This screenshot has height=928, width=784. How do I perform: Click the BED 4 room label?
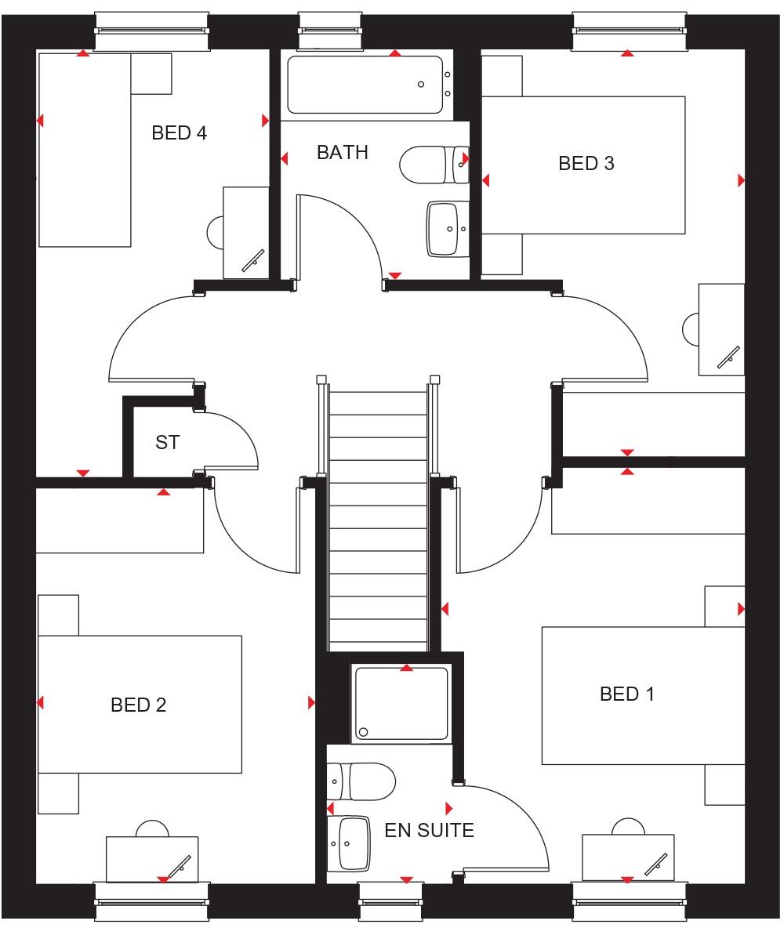point(179,133)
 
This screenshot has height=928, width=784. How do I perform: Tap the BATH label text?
point(342,152)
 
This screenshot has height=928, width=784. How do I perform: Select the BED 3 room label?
point(586,164)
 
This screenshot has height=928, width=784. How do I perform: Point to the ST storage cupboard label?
point(167,443)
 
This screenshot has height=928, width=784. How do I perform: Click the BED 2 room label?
point(138,705)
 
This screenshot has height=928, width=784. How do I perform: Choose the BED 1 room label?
point(626,694)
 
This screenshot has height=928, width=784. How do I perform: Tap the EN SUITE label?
point(429,830)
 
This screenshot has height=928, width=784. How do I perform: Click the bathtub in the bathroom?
point(365,85)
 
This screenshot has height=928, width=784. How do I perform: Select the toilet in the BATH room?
point(433,165)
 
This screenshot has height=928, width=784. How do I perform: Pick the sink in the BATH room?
point(448,229)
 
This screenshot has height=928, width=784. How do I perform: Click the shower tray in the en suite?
point(401,703)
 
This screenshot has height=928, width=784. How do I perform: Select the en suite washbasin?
point(354,844)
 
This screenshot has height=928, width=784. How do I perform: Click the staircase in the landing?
point(378,517)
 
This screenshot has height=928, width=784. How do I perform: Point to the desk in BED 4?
point(245,233)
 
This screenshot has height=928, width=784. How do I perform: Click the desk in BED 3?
point(721,329)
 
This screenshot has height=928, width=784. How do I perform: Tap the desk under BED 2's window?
point(152,857)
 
